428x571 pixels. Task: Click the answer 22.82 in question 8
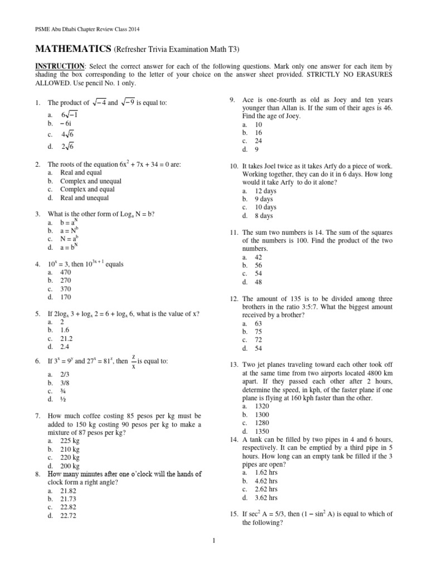pyautogui.click(x=68, y=507)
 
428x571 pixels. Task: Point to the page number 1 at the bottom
pyautogui.click(x=213, y=540)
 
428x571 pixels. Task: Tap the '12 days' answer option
pyautogui.click(x=266, y=191)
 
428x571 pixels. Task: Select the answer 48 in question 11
pyautogui.click(x=259, y=282)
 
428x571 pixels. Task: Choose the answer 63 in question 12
pyautogui.click(x=259, y=323)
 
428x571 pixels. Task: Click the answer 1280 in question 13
pyautogui.click(x=262, y=423)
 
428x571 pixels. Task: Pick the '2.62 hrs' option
pyautogui.click(x=266, y=490)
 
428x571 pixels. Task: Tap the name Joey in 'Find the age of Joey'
pyautogui.click(x=291, y=116)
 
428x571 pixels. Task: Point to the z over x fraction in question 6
pyautogui.click(x=133, y=361)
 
